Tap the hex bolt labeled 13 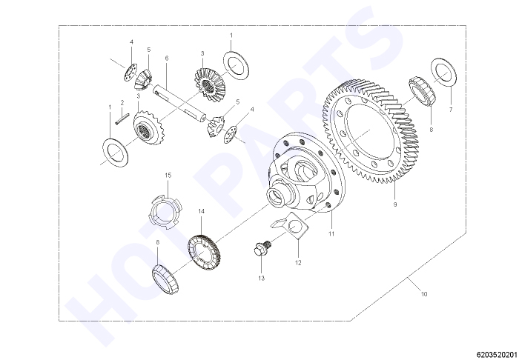pyautogui.click(x=262, y=248)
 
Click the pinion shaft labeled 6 pyautogui.click(x=179, y=103)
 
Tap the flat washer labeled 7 pyautogui.click(x=444, y=73)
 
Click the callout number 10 pyautogui.click(x=424, y=294)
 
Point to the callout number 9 pyautogui.click(x=395, y=204)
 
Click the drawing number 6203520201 pyautogui.click(x=497, y=354)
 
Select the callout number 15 pyautogui.click(x=168, y=175)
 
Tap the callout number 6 pyautogui.click(x=167, y=59)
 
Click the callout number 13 pyautogui.click(x=262, y=279)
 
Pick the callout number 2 pyautogui.click(x=122, y=103)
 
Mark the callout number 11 pyautogui.click(x=331, y=234)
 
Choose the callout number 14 pyautogui.click(x=201, y=211)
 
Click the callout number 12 pyautogui.click(x=298, y=263)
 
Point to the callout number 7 pyautogui.click(x=451, y=110)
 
